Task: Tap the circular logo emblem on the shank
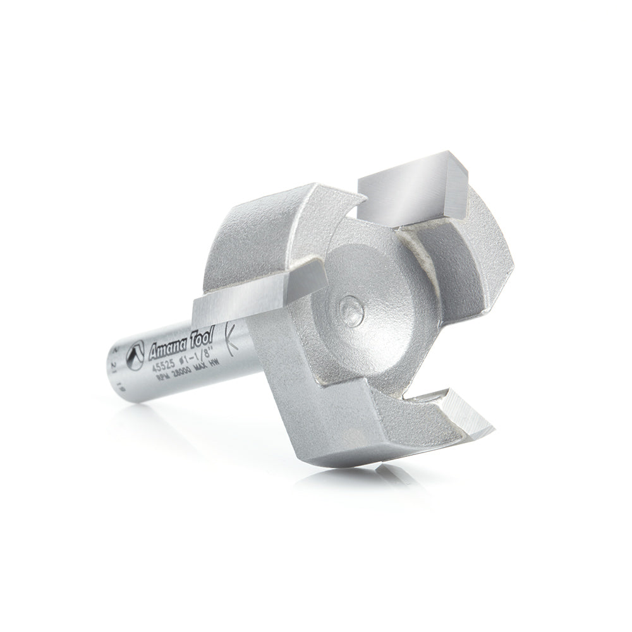(x=135, y=355)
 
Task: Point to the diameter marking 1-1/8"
(x=197, y=358)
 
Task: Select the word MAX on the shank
(x=201, y=367)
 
